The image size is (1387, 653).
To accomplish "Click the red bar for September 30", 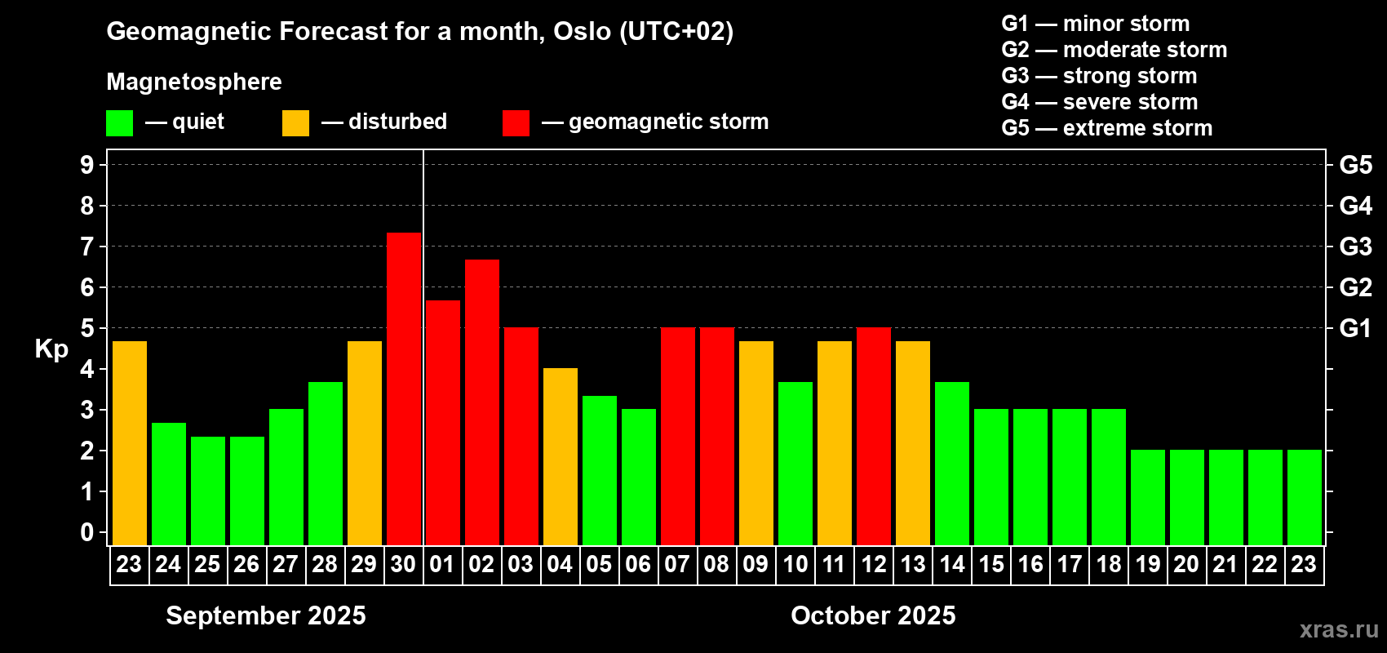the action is click(404, 389).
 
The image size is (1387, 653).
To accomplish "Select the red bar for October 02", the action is click(482, 402).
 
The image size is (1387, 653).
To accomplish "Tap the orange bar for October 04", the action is click(561, 456).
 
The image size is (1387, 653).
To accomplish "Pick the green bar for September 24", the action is click(168, 484).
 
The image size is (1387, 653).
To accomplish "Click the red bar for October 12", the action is click(874, 436).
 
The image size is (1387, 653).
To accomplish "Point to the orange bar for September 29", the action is click(365, 443).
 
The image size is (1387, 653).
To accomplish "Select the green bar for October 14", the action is click(952, 464).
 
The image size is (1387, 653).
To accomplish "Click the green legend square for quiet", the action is click(119, 122).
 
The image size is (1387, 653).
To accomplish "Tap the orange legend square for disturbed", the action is click(295, 122).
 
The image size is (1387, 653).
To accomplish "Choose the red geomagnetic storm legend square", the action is click(516, 122).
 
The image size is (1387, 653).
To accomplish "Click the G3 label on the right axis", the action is click(1355, 247).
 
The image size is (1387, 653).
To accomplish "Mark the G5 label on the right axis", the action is click(1355, 165).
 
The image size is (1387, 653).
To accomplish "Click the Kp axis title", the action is click(51, 349).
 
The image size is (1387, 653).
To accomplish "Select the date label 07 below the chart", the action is click(677, 564).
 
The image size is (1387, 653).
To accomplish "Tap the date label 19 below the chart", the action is click(1147, 564).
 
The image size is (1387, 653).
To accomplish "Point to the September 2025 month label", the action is click(266, 615).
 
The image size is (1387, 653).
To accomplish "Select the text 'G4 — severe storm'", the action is click(1100, 101).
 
